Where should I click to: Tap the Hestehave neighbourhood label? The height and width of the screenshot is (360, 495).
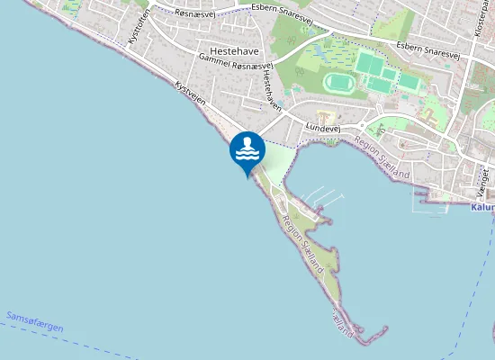click(x=234, y=51)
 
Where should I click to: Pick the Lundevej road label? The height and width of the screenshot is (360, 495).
click(x=321, y=129)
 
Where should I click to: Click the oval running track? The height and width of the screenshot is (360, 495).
click(x=338, y=83)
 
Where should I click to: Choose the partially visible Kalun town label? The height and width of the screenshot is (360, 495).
click(x=482, y=207)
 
